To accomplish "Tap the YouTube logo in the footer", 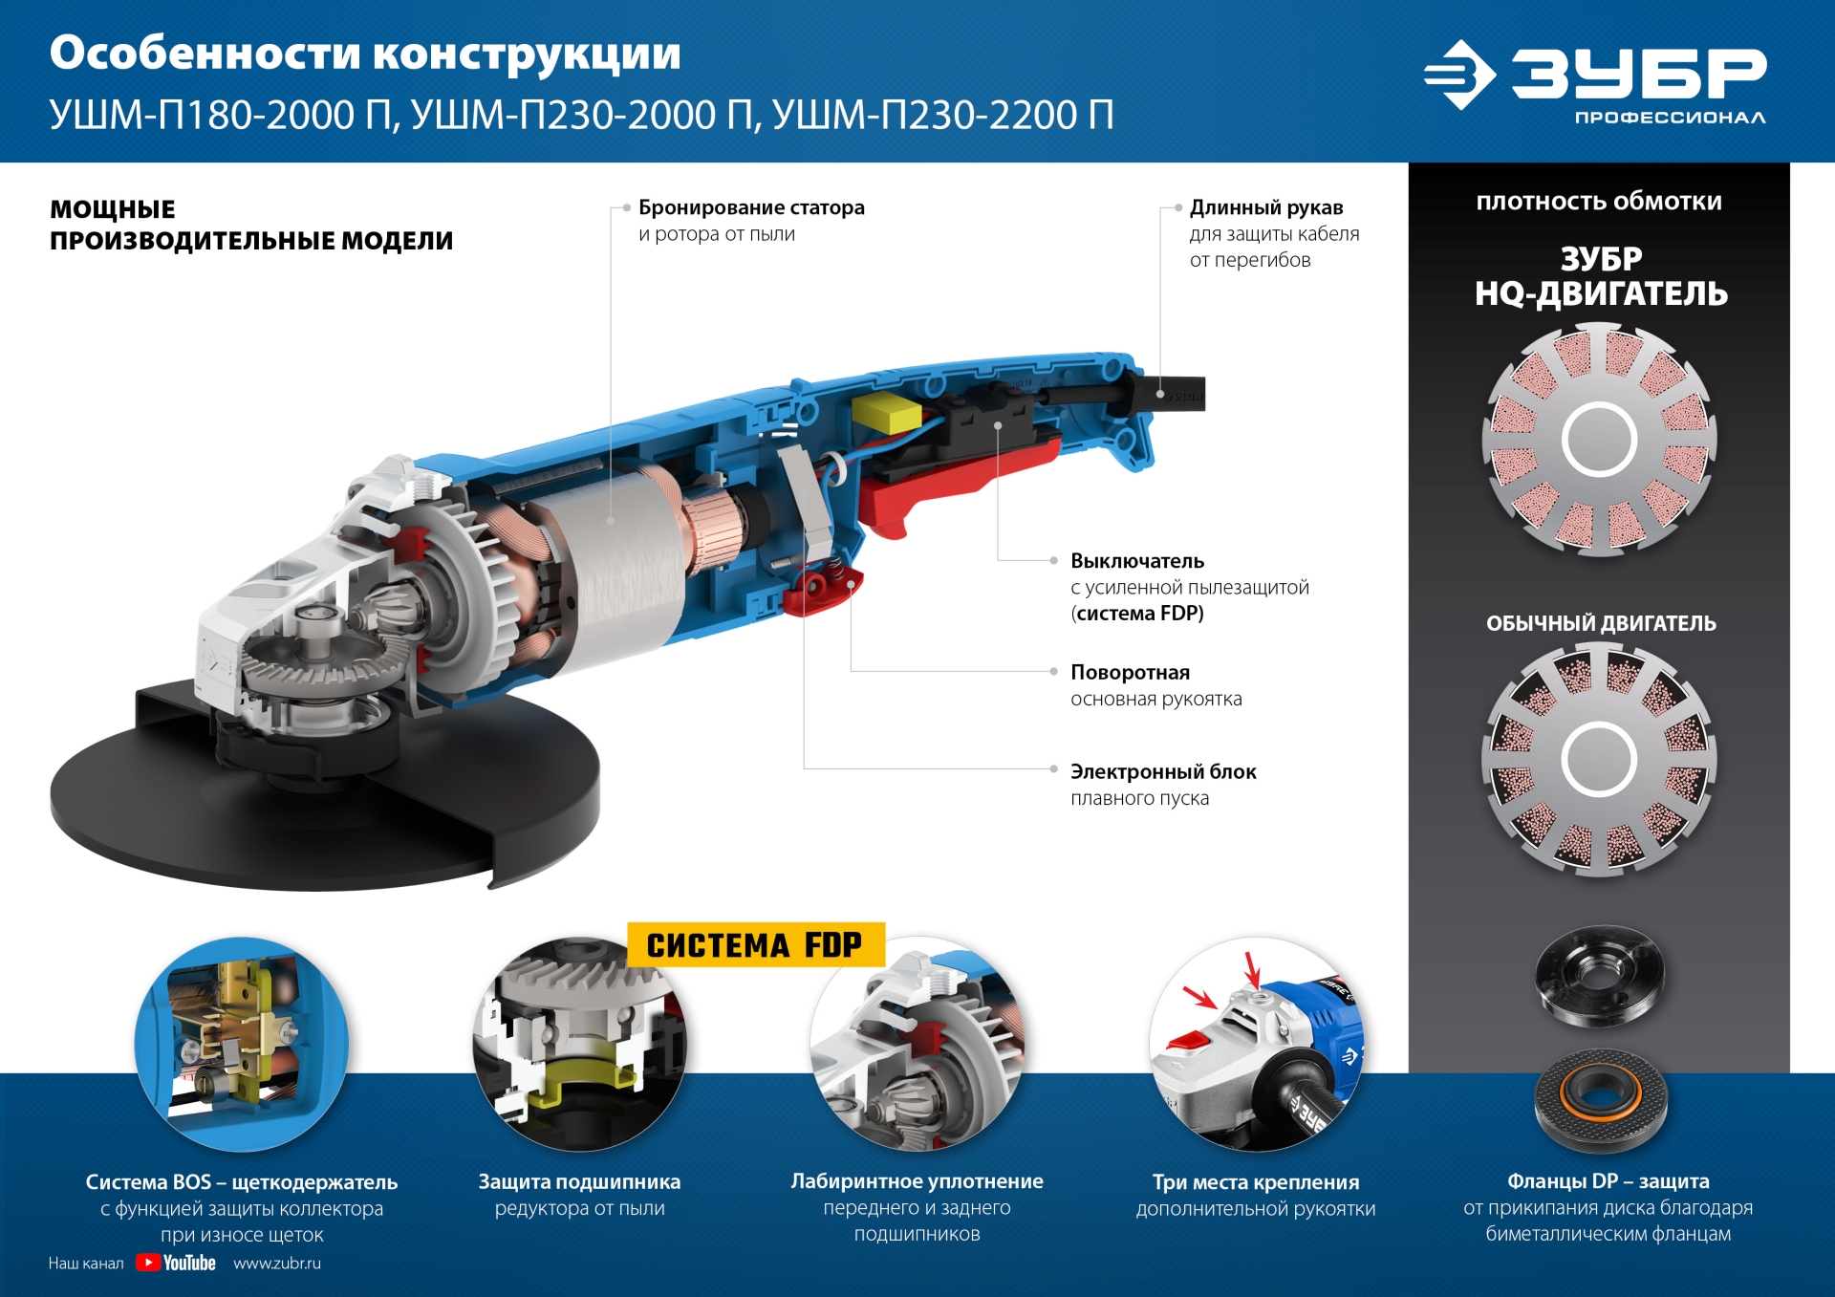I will click(177, 1263).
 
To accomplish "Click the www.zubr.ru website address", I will click(277, 1263).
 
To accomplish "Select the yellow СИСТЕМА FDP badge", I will click(755, 944).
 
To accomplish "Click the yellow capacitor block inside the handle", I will click(886, 414).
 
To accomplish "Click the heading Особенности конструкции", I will click(365, 54).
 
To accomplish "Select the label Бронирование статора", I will click(751, 207).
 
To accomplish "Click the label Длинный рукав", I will click(1266, 207).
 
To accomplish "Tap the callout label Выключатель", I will click(1137, 561).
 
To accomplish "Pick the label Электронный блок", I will click(1163, 771).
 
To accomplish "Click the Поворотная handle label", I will click(1130, 672).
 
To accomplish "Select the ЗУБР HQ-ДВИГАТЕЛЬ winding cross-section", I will click(1599, 439).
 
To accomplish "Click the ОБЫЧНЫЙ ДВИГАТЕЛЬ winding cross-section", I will click(1599, 759).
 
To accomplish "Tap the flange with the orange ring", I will click(1600, 1099).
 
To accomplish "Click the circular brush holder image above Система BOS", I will click(242, 1044).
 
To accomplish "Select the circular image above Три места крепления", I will click(1256, 1044).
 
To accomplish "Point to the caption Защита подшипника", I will click(579, 1181).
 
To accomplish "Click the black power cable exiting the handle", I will click(1180, 393).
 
